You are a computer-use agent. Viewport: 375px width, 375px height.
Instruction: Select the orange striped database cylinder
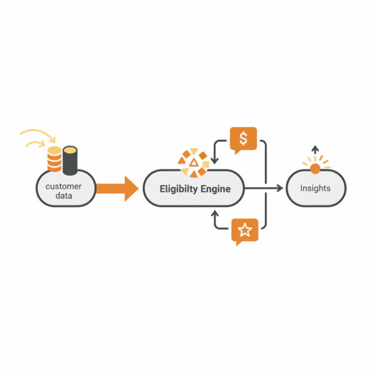(x=55, y=159)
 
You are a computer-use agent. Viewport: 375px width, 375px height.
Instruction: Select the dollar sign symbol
(x=243, y=139)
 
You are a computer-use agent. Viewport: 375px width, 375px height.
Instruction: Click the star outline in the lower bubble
(x=245, y=231)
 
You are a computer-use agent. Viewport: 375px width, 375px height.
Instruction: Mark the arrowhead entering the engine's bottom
(x=215, y=213)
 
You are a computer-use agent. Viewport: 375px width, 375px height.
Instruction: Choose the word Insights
(x=315, y=188)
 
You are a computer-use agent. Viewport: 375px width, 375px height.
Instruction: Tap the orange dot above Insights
(x=315, y=168)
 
